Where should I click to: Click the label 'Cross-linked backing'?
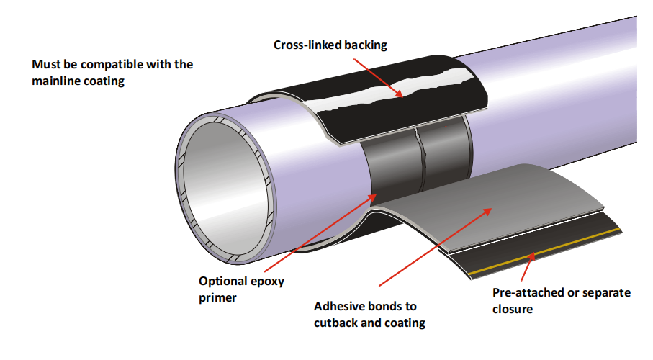pyautogui.click(x=330, y=45)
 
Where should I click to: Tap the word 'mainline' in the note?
pyautogui.click(x=57, y=81)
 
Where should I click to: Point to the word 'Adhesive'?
pyautogui.click(x=339, y=307)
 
